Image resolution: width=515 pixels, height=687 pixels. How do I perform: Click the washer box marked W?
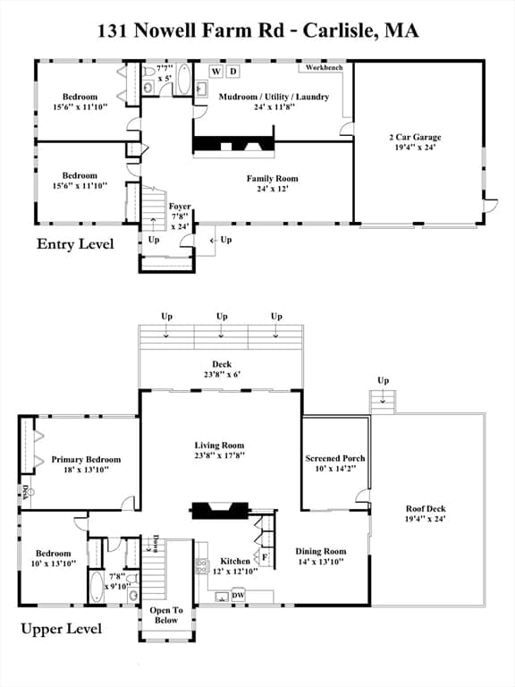point(215,72)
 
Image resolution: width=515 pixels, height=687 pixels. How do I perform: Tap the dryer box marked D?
point(233,72)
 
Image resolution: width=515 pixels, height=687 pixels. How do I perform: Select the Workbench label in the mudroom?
point(324,67)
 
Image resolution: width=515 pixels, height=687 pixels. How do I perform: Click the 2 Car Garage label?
point(415,137)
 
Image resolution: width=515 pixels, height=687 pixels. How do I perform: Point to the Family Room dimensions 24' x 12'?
point(273,189)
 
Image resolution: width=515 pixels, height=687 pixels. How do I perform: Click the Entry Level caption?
point(75,244)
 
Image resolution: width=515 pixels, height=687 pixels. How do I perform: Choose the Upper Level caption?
point(62,629)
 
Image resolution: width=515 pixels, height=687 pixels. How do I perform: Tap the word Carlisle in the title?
point(340,30)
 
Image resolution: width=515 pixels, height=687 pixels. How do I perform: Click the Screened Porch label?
point(335,458)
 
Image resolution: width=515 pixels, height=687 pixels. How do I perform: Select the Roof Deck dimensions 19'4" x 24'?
point(426,519)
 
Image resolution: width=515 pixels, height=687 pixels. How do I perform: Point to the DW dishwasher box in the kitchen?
point(238,595)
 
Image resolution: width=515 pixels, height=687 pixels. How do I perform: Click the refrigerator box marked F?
point(265,557)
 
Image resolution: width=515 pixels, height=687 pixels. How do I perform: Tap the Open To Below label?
point(166,615)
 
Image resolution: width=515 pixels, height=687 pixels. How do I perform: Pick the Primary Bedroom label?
point(86,460)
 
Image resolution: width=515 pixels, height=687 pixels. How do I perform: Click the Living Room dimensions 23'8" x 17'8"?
point(219,455)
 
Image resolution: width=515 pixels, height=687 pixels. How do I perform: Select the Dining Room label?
point(321,552)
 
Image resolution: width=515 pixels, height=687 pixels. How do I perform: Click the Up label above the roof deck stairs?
point(384,380)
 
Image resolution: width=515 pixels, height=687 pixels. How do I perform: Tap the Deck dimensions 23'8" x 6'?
point(222,375)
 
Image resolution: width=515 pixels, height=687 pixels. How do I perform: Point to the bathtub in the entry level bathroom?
point(184,79)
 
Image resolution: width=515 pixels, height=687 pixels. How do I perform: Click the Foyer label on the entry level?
point(180,207)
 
